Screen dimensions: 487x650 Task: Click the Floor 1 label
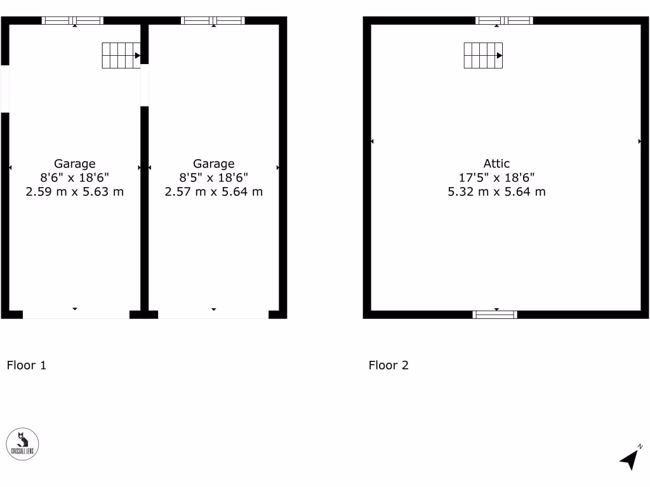26,365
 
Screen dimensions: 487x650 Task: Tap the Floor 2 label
388,365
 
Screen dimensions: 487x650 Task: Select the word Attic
496,164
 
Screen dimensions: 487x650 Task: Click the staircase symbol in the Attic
483,55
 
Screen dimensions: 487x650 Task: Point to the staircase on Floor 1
121,55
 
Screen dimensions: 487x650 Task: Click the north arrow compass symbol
630,458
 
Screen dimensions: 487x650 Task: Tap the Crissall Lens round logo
23,444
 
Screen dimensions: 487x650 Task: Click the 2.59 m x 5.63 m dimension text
74,192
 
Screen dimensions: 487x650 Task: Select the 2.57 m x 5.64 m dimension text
213,192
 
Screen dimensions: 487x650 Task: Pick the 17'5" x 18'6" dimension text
496,178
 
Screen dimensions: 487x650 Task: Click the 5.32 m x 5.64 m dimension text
496,192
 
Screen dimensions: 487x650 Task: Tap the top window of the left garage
72,20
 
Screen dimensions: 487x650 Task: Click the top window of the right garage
213,20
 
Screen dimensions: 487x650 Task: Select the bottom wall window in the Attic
495,314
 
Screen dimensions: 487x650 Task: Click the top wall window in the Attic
505,20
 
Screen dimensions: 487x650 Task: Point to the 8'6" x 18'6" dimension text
74,178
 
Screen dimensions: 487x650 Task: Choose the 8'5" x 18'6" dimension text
213,178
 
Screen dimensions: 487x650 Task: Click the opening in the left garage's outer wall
4,89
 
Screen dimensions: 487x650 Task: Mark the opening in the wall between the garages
144,85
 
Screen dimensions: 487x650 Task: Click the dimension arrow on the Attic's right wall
639,141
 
